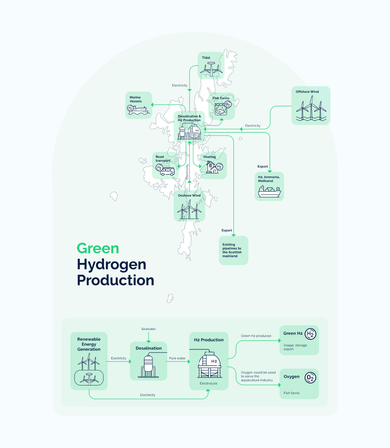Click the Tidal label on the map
tap(206, 57)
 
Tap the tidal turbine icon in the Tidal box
tap(211, 69)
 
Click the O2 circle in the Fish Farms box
tap(228, 104)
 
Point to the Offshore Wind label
tap(307, 92)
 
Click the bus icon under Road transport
tap(167, 171)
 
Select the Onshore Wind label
tap(189, 195)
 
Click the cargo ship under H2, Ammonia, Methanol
tap(269, 192)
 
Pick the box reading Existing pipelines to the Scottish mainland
tap(233, 250)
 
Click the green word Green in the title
tap(98, 249)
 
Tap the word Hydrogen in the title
tap(112, 265)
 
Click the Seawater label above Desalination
tap(149, 329)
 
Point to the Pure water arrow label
tap(177, 358)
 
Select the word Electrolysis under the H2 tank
tap(208, 384)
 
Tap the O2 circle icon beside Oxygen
tap(310, 378)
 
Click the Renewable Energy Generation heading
tap(89, 344)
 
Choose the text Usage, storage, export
tap(296, 347)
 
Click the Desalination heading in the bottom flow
tap(149, 348)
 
